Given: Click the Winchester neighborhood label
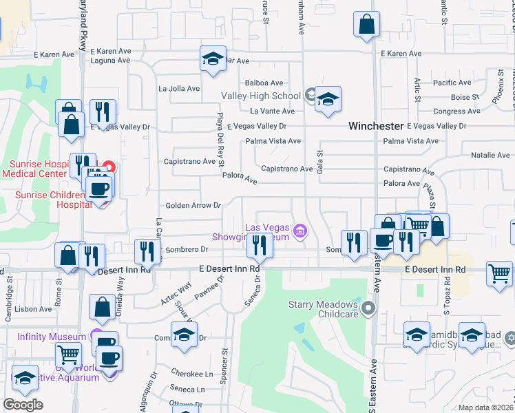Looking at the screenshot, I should tap(375, 126).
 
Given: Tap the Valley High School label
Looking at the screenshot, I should tap(260, 96).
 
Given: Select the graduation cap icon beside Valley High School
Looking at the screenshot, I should tap(328, 99).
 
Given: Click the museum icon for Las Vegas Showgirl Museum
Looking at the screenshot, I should tap(299, 230).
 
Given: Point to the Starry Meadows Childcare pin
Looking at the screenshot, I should tap(369, 308).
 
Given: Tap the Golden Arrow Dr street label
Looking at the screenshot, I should tap(193, 205).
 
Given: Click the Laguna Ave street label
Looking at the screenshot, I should tap(113, 61).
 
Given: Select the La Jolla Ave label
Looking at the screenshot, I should tap(179, 89).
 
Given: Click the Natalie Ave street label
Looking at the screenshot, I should tap(490, 156).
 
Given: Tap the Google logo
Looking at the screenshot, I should tap(23, 405).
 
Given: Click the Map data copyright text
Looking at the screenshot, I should tap(486, 407).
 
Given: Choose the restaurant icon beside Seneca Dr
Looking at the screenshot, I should tap(259, 244).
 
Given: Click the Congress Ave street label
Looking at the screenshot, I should tap(452, 111).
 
